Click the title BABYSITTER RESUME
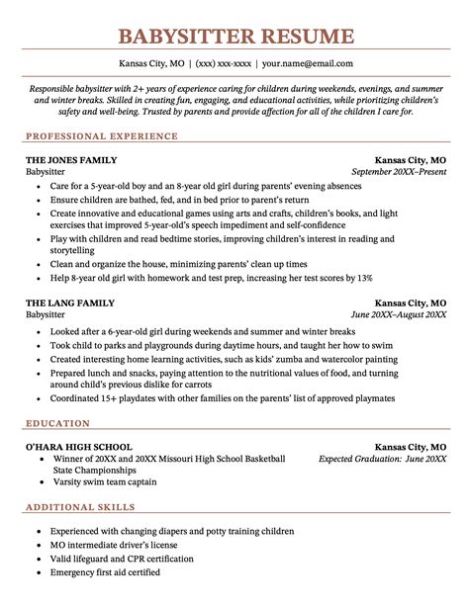[234, 38]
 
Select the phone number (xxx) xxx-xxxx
[223, 64]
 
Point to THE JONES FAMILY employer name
[70, 159]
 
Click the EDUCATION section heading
[55, 422]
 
